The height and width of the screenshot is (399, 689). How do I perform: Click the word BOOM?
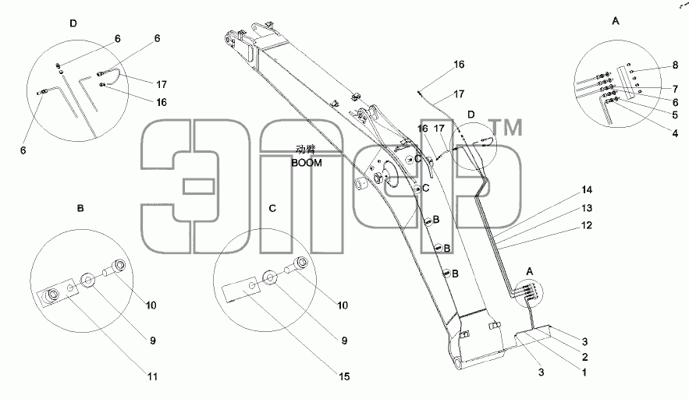pyautogui.click(x=307, y=163)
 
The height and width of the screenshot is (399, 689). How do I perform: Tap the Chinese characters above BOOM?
pyautogui.click(x=306, y=150)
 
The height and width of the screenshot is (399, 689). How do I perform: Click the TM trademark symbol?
pyautogui.click(x=506, y=127)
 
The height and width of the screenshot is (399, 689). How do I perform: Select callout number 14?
pyautogui.click(x=587, y=190)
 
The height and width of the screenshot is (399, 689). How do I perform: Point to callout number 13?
pyautogui.click(x=587, y=208)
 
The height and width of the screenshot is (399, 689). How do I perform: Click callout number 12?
pyautogui.click(x=587, y=226)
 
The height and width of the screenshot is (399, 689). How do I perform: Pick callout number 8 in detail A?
pyautogui.click(x=676, y=65)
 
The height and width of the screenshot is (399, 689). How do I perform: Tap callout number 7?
pyautogui.click(x=676, y=90)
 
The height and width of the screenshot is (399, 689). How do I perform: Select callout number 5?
pyautogui.click(x=676, y=115)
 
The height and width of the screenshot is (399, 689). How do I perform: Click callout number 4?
pyautogui.click(x=676, y=133)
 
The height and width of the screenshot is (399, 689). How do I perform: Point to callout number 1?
pyautogui.click(x=584, y=373)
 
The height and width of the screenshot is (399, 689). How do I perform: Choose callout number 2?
pyautogui.click(x=585, y=357)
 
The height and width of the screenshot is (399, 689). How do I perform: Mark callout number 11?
pyautogui.click(x=152, y=376)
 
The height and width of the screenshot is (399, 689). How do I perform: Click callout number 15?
pyautogui.click(x=344, y=376)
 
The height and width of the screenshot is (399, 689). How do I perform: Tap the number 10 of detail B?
pyautogui.click(x=151, y=305)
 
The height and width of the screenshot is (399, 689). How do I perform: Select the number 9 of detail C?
pyautogui.click(x=344, y=341)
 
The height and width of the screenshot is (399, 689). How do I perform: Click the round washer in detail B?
pyautogui.click(x=88, y=281)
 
